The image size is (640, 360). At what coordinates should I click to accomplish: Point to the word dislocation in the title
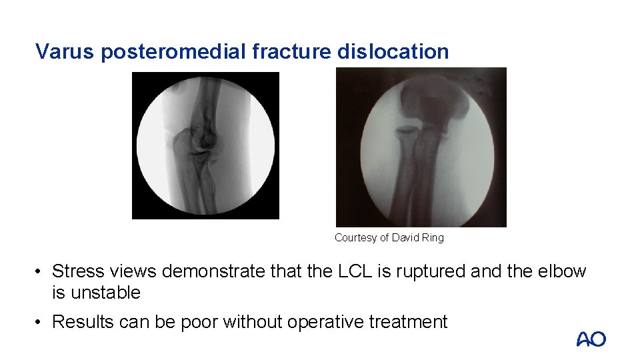coord(393,51)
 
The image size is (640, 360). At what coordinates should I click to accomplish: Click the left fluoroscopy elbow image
coord(205,145)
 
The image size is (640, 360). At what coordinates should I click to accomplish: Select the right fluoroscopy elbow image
coord(421,147)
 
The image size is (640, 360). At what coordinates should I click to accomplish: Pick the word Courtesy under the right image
coord(355,237)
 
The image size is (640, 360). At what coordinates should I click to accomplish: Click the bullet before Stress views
coord(40,272)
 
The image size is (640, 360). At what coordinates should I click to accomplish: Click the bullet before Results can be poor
coord(40,323)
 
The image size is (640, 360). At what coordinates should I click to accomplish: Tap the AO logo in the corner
coord(591,339)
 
